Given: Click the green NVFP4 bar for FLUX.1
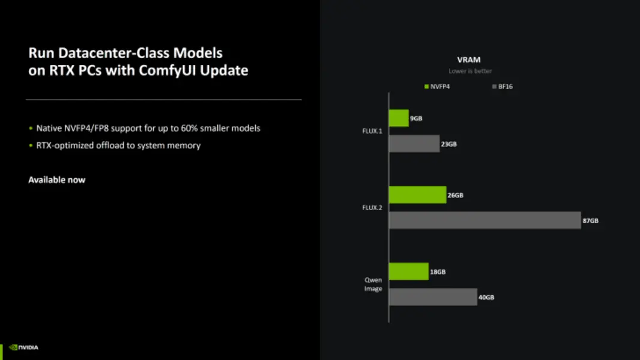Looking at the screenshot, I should pos(399,118).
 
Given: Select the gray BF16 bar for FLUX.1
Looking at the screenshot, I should pos(414,144).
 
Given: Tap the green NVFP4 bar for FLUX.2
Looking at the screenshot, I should pos(417,195).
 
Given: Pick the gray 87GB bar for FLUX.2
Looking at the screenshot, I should pos(485,220).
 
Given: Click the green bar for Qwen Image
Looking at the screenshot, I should pos(409,272).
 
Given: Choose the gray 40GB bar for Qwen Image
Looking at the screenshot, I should pos(433,297).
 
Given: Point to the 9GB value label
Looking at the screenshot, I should pos(416,119).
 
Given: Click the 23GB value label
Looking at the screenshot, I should pos(449,144).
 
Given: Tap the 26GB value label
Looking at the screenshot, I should pos(455,195).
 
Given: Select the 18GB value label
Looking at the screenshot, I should pos(438,272).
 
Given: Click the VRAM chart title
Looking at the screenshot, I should pos(469,59).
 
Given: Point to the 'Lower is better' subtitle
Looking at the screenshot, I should pos(470,71).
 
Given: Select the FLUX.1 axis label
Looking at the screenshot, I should pos(372,131).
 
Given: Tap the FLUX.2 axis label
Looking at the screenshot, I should pos(372,208).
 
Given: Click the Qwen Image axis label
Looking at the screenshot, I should pos(373,284).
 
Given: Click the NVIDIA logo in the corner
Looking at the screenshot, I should pos(24,347).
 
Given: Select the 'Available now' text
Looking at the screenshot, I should pos(57,180).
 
